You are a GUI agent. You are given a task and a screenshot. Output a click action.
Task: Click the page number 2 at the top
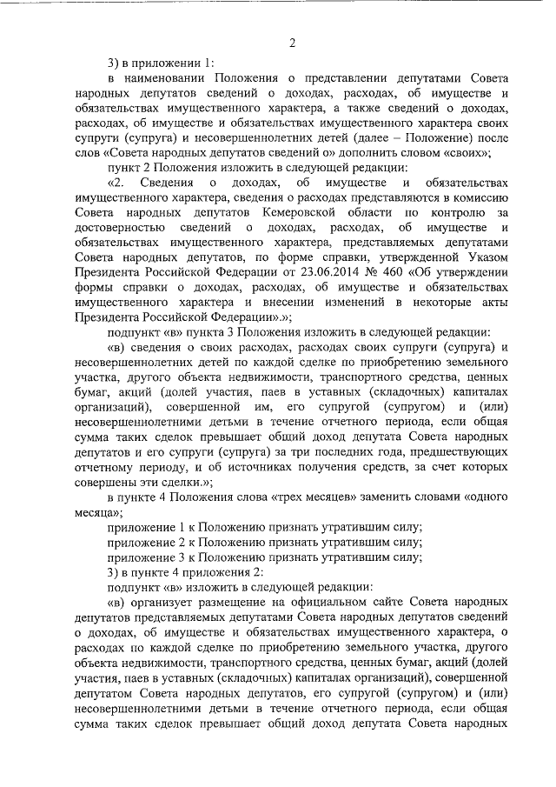pos(293,43)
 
